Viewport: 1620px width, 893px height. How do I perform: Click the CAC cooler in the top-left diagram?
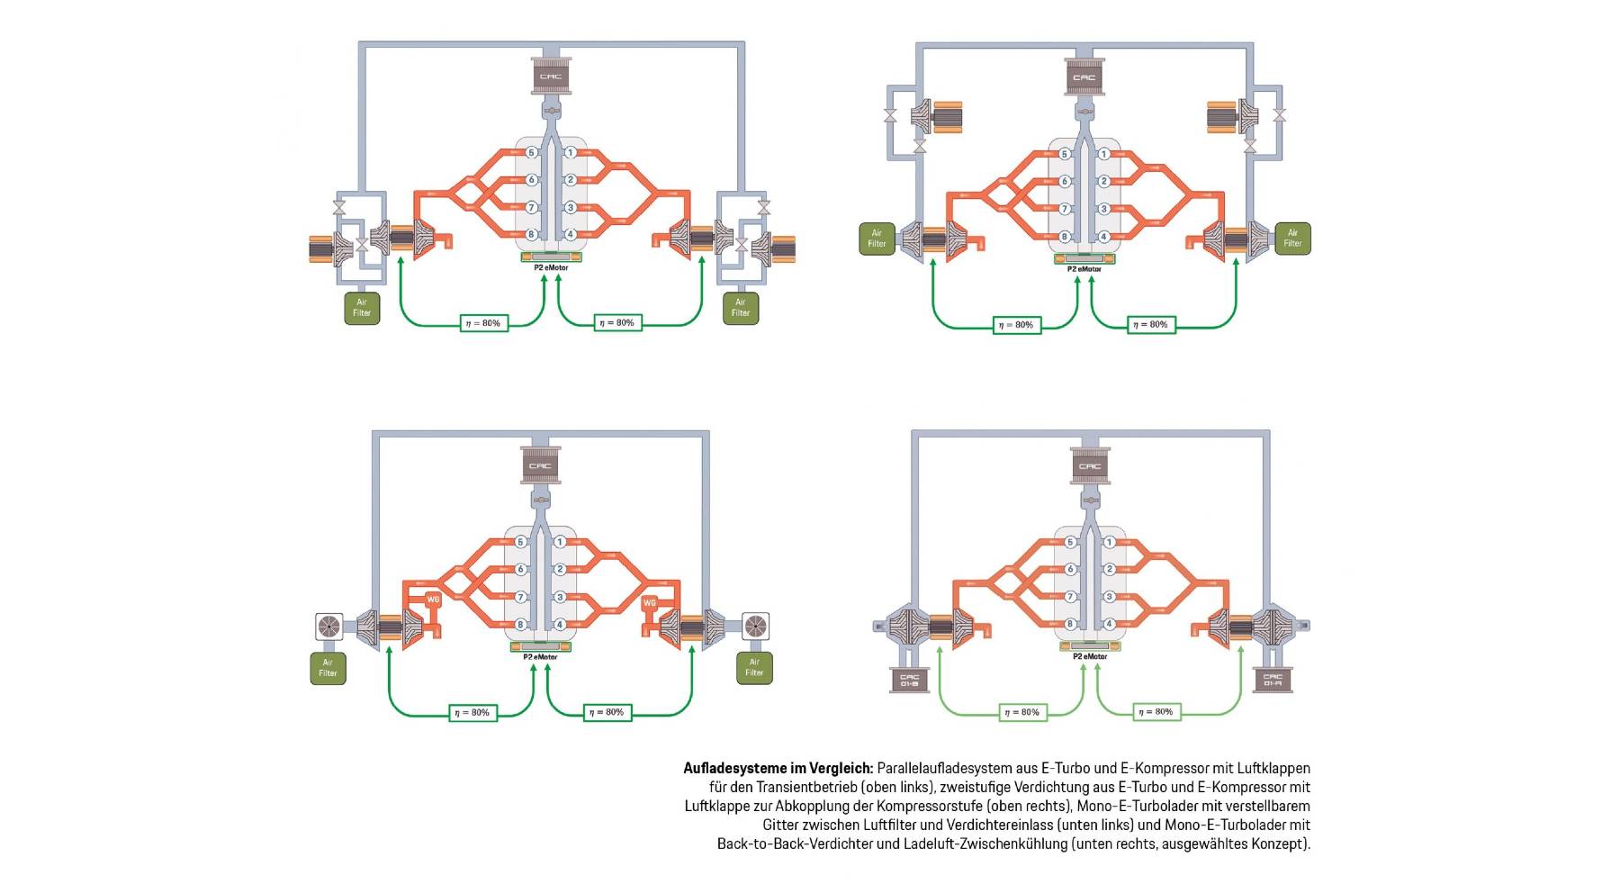(550, 76)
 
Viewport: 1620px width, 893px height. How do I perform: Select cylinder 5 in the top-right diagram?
(1065, 154)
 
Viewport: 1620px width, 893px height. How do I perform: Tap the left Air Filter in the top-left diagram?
(362, 308)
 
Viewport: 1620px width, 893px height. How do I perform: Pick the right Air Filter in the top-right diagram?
(1292, 239)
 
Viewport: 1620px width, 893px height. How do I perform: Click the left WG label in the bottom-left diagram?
(433, 600)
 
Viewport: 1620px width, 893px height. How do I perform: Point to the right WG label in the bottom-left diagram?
(650, 603)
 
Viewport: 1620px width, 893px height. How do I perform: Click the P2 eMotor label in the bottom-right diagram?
(1090, 656)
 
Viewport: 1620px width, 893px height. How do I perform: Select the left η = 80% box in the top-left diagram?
(483, 323)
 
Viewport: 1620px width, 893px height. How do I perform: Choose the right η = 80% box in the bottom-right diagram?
(1156, 712)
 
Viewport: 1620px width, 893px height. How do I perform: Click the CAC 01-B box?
(909, 681)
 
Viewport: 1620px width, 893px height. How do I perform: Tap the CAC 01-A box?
(1273, 680)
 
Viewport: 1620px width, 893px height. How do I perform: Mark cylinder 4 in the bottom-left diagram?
(560, 624)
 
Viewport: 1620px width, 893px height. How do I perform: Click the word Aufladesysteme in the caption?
(734, 769)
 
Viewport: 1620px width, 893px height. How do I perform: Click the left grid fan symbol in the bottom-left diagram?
(328, 626)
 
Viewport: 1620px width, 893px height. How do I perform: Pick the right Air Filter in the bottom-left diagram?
(754, 668)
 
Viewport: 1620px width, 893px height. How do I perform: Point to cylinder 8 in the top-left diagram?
(531, 234)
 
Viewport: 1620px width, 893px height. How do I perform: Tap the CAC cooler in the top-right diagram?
(1084, 77)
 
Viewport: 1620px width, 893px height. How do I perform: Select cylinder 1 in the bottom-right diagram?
(1110, 542)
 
